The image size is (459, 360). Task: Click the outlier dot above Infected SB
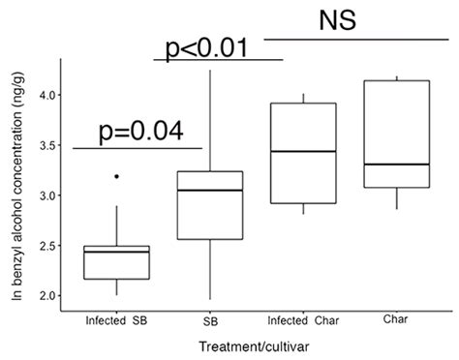(116, 177)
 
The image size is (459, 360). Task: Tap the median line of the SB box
(211, 191)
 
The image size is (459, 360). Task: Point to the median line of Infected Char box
(304, 152)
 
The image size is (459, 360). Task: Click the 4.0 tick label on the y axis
(42, 96)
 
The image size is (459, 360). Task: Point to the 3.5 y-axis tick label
(42, 146)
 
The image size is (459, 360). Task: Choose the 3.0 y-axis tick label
(42, 196)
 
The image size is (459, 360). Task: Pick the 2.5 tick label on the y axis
(42, 246)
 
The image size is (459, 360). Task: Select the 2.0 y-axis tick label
(42, 296)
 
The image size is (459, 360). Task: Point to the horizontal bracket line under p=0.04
(137, 148)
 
